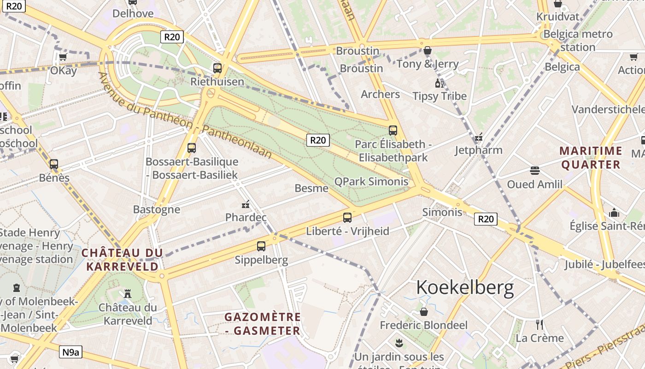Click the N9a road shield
70,352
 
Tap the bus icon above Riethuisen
217,68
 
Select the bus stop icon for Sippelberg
261,246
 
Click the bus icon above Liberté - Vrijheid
347,218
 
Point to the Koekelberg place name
465,288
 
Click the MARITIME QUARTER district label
591,158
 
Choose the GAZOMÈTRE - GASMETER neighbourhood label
263,324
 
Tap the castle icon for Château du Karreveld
128,293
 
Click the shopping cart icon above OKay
63,57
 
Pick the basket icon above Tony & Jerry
428,50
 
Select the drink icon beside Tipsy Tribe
439,83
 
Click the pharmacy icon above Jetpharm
479,137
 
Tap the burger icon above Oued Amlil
534,171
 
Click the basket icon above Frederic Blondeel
424,312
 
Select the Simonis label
442,212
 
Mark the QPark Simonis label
371,181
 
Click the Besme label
311,188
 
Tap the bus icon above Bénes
54,164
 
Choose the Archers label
380,94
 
